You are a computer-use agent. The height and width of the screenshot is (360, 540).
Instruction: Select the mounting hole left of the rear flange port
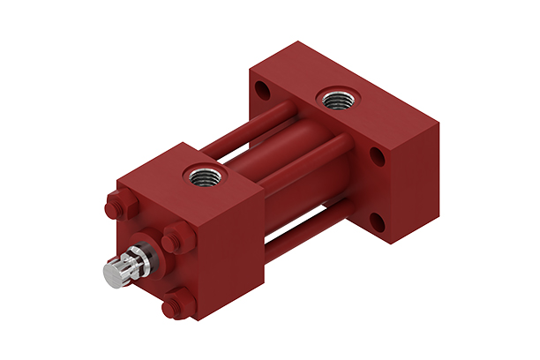(261, 90)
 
